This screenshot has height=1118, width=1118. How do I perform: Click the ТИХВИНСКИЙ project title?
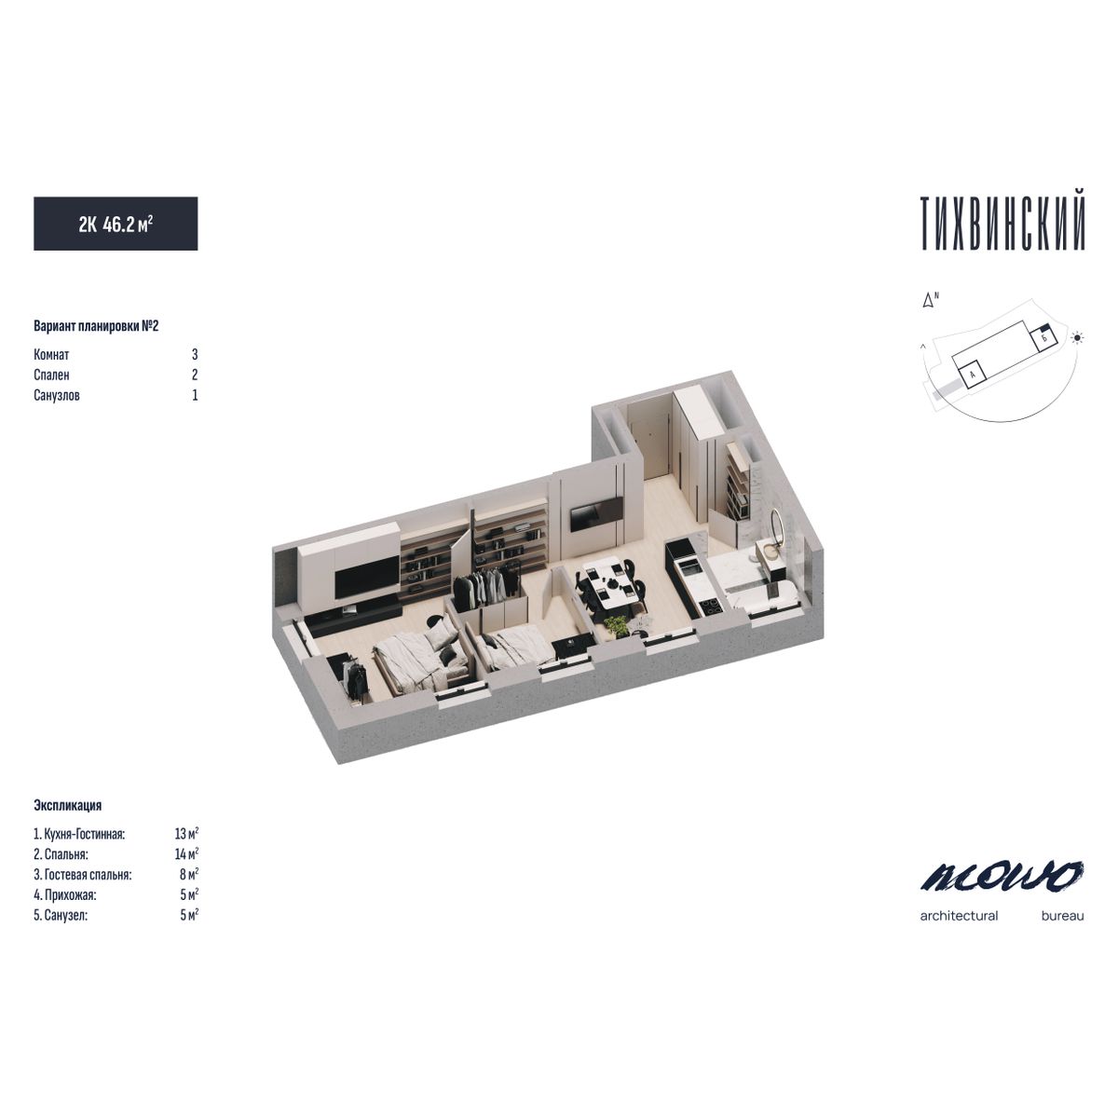coord(1002,224)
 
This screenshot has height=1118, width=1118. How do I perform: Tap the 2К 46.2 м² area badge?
coord(116,224)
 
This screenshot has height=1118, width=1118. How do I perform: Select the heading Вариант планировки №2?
coord(96,326)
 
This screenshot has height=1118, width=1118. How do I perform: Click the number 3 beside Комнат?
coord(195,354)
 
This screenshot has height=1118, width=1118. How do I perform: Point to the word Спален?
coord(51,375)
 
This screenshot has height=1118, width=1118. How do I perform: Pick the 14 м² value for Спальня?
coord(187,853)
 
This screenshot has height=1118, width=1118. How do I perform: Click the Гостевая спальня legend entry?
coord(82,874)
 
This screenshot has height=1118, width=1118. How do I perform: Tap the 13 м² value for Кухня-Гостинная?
coord(187,833)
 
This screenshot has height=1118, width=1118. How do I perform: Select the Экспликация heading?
coord(67,805)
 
